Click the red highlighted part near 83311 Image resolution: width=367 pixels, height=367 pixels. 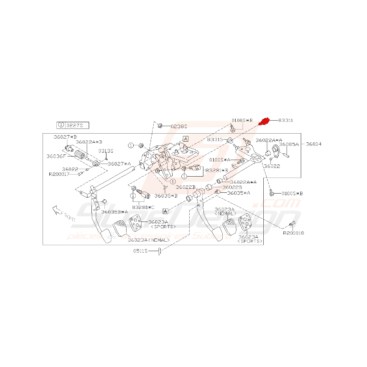[264, 121]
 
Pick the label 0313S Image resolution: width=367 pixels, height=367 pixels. [106, 151]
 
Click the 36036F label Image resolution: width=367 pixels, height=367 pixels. [55, 156]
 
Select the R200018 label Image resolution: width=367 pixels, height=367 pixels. [293, 233]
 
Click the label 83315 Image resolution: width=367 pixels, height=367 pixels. [216, 140]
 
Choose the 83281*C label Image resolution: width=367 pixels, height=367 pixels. [143, 206]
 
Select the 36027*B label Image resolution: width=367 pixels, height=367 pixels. [65, 137]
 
